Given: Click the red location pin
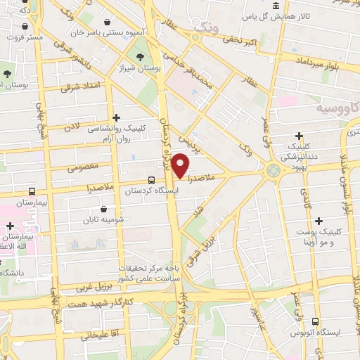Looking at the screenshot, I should pos(181,165).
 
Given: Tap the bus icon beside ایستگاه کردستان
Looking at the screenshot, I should pos(152,181).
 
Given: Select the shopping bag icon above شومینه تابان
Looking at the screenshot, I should pos(104,209).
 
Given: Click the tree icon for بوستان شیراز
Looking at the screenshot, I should pos(141,57).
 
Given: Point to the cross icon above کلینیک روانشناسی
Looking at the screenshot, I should pos(116,118).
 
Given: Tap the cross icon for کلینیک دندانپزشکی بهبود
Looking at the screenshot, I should pos(300,136).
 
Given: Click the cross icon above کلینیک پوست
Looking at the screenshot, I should pos(319,221).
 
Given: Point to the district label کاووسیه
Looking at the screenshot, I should pos(335,109).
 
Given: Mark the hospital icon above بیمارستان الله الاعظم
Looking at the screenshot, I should pos(10,226).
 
